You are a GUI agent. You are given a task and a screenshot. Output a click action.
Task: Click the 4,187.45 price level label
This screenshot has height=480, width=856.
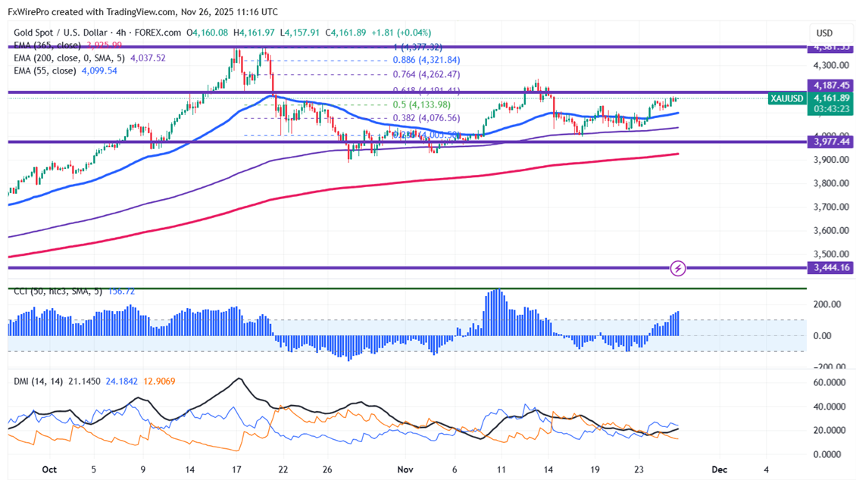click(x=829, y=86)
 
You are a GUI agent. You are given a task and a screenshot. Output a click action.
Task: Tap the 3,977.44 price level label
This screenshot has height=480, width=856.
click(x=829, y=142)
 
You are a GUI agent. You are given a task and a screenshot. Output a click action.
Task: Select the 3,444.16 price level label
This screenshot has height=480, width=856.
click(x=829, y=267)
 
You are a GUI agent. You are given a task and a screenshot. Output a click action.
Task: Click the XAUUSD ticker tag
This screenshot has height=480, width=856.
click(x=786, y=98)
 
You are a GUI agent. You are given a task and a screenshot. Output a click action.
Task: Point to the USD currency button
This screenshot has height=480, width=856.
click(x=823, y=33)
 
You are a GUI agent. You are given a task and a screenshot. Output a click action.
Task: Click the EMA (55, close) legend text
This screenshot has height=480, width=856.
click(x=43, y=70)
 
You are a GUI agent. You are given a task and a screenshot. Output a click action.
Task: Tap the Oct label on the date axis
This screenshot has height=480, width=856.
click(x=49, y=469)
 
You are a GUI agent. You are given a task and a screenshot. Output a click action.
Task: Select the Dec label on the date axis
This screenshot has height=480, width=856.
click(x=720, y=469)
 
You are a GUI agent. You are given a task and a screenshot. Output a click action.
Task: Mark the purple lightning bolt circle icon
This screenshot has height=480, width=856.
click(x=679, y=268)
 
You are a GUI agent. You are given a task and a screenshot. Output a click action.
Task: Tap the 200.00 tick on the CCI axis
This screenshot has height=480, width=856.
click(x=828, y=304)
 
